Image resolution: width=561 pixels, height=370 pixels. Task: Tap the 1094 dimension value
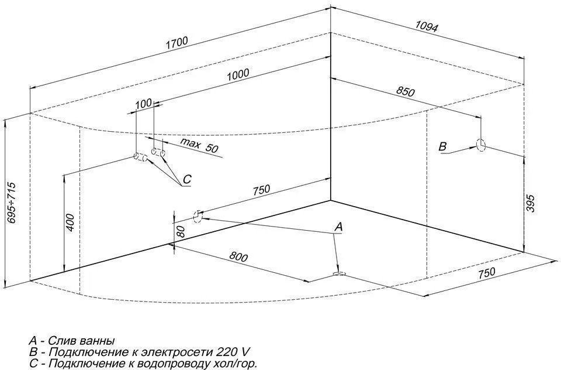click(427, 26)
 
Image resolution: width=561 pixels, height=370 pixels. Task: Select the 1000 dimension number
click(238, 74)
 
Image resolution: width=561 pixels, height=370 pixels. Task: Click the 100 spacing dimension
click(143, 104)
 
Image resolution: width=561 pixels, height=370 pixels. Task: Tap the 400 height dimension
click(70, 223)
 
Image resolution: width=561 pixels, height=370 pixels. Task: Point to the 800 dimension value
click(238, 257)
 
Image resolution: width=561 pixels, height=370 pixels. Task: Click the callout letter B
click(443, 146)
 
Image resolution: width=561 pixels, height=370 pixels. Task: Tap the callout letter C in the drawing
click(186, 180)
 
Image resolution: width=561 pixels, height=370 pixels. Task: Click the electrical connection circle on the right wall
click(481, 145)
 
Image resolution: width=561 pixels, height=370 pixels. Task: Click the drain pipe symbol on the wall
click(198, 216)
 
